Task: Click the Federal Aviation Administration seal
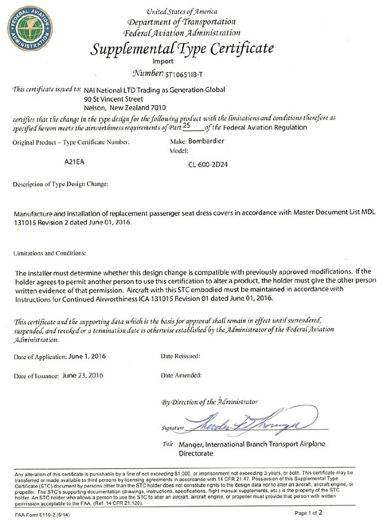pos(29,30)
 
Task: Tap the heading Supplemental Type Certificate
pos(182,48)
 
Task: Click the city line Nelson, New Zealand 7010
pos(125,108)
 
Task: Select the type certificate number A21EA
pos(74,163)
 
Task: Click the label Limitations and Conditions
pos(50,253)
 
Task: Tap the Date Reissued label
pos(180,356)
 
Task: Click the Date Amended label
pos(181,375)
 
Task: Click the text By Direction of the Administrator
pos(210,401)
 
